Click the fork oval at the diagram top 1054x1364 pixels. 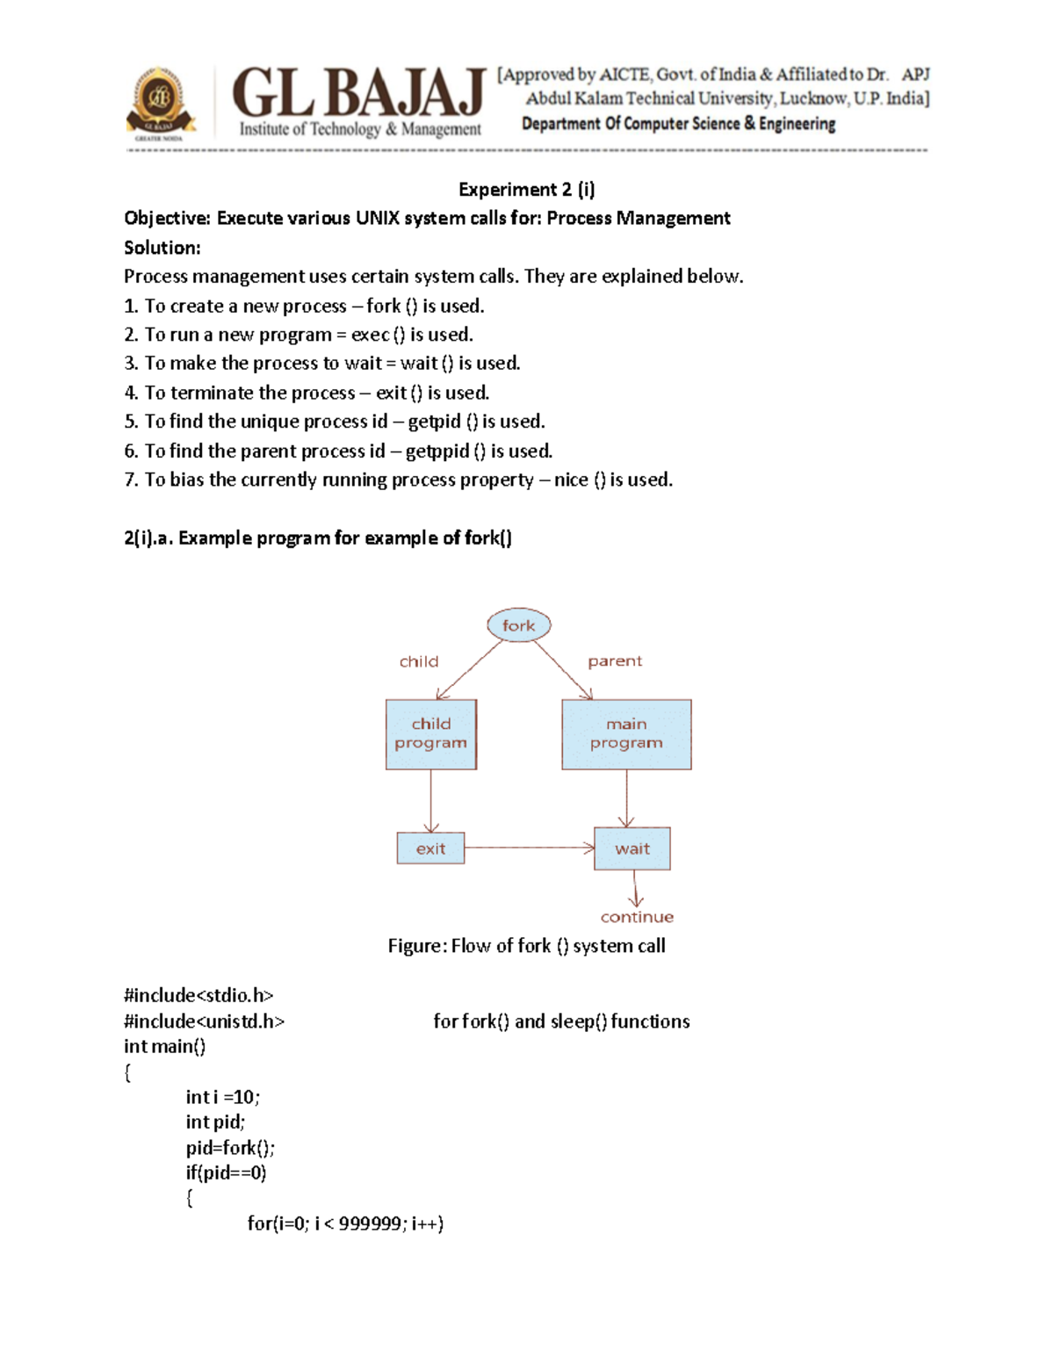(518, 625)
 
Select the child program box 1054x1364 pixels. (430, 734)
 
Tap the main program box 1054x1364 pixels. (626, 734)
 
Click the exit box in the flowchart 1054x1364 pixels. (430, 848)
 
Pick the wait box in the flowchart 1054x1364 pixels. (632, 848)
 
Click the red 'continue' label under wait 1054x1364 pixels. (637, 917)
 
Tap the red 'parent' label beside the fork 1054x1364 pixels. (615, 661)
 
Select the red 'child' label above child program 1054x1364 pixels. (419, 661)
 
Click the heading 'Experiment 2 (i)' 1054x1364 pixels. (527, 190)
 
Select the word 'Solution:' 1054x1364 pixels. (162, 248)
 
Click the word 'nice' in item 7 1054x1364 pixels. (571, 480)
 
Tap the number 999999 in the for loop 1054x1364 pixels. (370, 1223)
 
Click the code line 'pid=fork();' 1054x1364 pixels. (230, 1148)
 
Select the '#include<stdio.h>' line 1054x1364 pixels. (199, 995)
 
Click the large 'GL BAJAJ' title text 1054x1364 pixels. (358, 93)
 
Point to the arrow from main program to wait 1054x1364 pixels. (626, 797)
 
